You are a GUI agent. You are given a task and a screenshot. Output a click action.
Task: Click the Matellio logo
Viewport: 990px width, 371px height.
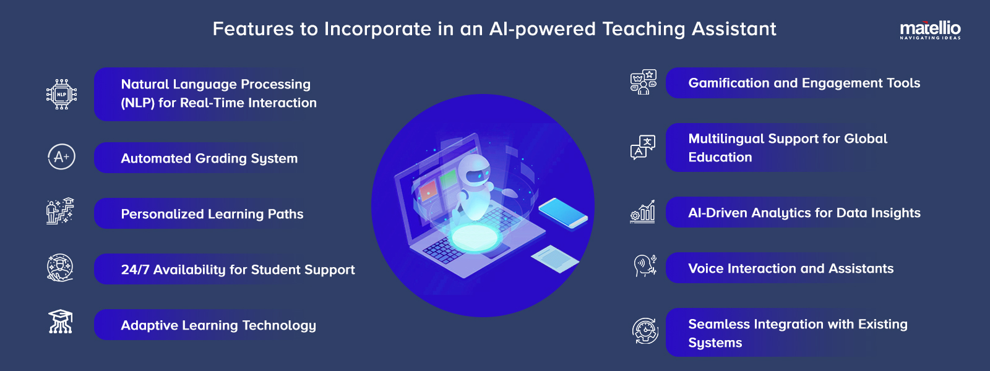point(930,29)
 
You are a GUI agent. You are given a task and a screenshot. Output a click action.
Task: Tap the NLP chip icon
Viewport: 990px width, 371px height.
point(61,94)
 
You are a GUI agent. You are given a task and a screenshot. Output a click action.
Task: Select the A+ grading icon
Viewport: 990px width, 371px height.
point(61,156)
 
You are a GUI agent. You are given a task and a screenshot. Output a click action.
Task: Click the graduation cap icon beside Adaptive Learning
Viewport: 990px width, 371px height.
point(61,322)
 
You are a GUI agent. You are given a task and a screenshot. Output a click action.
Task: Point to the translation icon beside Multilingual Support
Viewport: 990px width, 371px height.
point(643,147)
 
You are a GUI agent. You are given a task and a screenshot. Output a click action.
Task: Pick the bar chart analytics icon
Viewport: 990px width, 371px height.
point(643,211)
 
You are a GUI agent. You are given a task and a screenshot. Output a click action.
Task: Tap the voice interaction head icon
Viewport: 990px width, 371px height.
point(644,266)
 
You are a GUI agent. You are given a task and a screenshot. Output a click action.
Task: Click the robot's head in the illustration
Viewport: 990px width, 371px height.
point(477,169)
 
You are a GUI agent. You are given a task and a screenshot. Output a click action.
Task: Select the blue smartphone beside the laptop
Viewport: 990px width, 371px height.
point(562,213)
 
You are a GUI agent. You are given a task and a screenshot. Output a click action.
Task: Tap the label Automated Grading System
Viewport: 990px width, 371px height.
point(209,158)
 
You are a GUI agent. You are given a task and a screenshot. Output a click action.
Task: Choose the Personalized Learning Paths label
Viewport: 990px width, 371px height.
point(212,214)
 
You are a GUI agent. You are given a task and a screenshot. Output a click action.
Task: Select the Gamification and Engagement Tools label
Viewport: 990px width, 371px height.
point(804,83)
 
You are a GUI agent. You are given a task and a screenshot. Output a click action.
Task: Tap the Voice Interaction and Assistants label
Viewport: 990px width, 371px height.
point(791,268)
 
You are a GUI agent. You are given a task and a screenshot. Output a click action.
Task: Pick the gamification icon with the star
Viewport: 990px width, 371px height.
point(643,82)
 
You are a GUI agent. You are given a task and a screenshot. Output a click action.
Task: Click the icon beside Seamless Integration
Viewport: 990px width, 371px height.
point(645,331)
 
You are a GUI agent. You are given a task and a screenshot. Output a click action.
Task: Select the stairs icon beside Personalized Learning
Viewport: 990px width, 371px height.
point(60,211)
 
